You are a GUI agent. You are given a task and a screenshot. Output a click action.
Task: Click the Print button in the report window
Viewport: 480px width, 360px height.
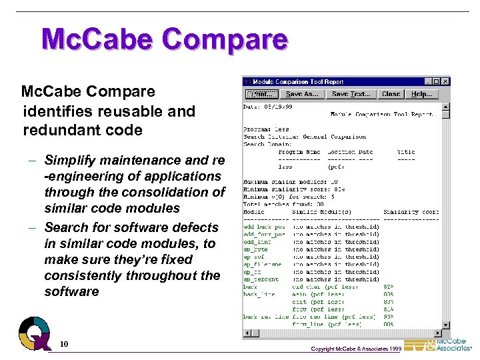tap(261, 95)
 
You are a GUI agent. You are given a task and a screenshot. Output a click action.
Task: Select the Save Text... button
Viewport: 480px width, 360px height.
tap(351, 95)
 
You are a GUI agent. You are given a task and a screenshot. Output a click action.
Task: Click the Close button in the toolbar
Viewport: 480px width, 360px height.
tap(391, 95)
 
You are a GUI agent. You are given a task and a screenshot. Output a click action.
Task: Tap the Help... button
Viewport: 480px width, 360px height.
tap(421, 95)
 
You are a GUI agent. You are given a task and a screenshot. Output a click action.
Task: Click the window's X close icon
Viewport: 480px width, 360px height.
tap(445, 81)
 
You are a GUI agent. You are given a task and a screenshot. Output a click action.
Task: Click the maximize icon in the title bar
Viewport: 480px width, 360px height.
tap(437, 81)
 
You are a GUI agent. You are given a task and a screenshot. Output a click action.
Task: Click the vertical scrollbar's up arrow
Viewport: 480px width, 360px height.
tap(446, 107)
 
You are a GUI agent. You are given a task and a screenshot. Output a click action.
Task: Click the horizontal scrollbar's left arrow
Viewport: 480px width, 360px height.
tap(246, 333)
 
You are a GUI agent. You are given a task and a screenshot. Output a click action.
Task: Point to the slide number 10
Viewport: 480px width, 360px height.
tap(64, 344)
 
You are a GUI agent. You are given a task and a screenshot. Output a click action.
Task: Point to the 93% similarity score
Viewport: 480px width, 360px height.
tap(388, 316)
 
